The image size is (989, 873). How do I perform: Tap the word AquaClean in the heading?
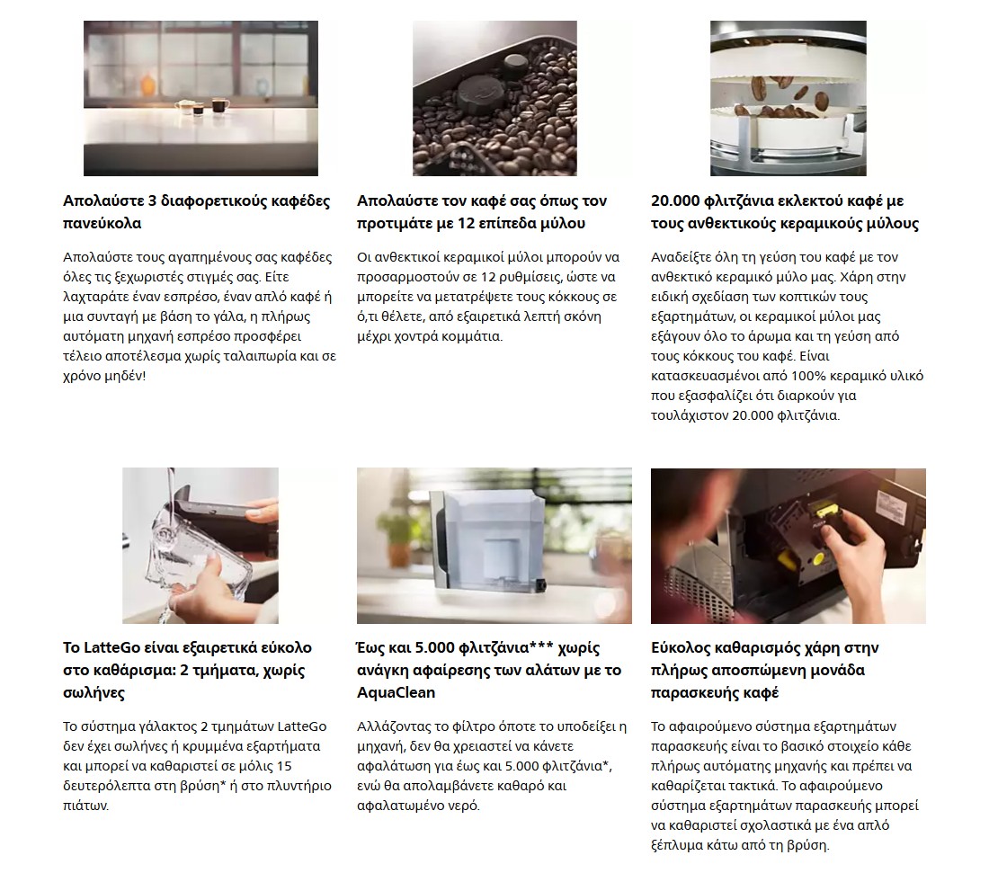click(396, 692)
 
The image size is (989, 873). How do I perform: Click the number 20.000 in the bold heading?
click(675, 201)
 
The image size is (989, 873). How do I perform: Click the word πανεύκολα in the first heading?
click(102, 223)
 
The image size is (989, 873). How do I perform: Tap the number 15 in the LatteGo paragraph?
click(284, 766)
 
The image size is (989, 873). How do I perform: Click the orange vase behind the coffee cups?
click(147, 83)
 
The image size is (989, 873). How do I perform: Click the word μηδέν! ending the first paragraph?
click(124, 376)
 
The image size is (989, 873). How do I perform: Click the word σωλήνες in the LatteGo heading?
click(94, 692)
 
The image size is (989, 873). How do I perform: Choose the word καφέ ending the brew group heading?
click(762, 692)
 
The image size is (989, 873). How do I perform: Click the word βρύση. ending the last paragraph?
click(808, 845)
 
